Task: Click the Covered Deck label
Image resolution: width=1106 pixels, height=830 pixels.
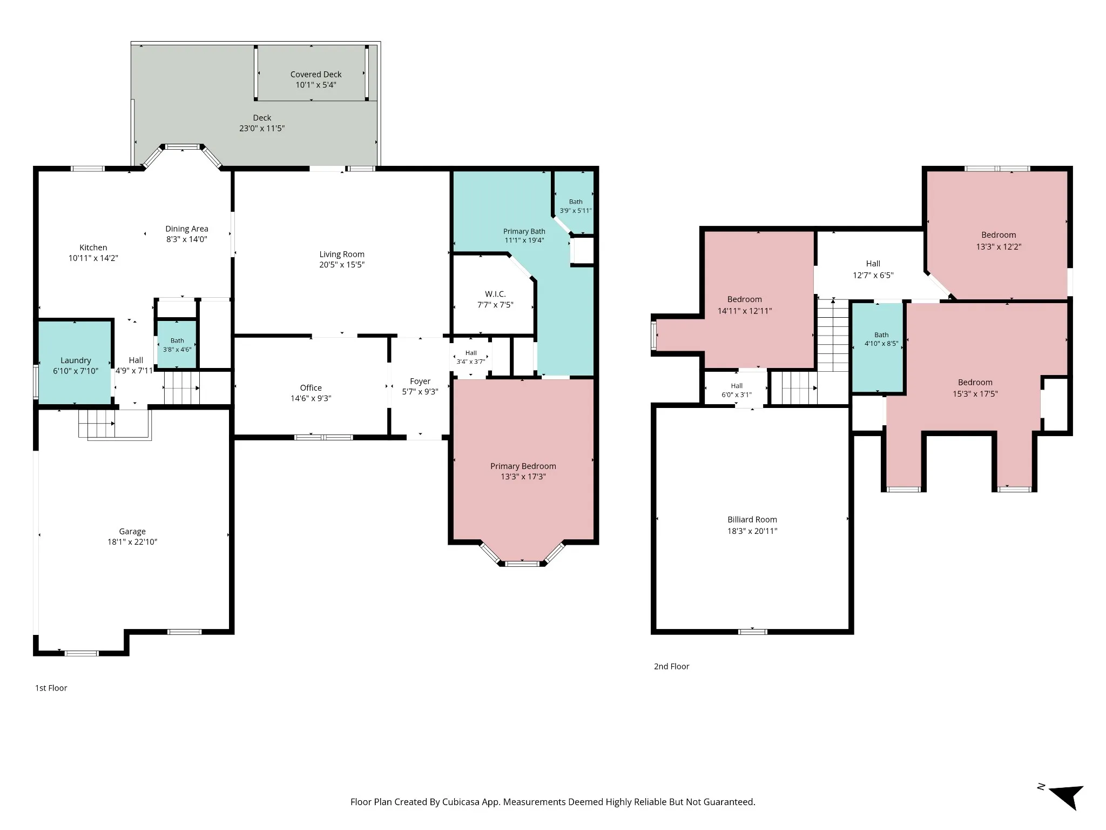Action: pyautogui.click(x=316, y=75)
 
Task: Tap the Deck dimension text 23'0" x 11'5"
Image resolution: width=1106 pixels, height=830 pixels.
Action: pyautogui.click(x=262, y=129)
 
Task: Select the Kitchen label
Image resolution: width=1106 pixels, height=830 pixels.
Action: pyautogui.click(x=93, y=247)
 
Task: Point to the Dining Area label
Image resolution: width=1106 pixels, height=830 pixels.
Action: pyautogui.click(x=187, y=229)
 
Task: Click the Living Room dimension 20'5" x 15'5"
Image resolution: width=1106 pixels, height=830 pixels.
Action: pyautogui.click(x=342, y=265)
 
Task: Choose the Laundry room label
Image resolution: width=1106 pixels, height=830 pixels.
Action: pyautogui.click(x=76, y=360)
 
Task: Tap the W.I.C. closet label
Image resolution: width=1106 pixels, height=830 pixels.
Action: pyautogui.click(x=495, y=294)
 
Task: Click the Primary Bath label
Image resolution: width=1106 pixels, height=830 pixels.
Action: pyautogui.click(x=524, y=231)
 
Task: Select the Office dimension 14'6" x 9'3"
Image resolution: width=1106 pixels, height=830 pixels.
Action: pyautogui.click(x=311, y=398)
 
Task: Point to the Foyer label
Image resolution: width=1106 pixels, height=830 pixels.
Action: pyautogui.click(x=420, y=381)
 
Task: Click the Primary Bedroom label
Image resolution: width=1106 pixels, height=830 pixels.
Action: pyautogui.click(x=523, y=466)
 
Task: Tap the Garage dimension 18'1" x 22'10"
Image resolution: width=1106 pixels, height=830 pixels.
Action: pyautogui.click(x=132, y=542)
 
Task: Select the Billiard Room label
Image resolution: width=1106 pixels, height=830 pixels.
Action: pyautogui.click(x=752, y=520)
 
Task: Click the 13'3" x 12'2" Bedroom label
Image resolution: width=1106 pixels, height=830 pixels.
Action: pyautogui.click(x=999, y=235)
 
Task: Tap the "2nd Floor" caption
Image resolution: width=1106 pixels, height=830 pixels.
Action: pyautogui.click(x=672, y=667)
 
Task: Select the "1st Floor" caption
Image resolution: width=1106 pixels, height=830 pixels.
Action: pyautogui.click(x=51, y=688)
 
